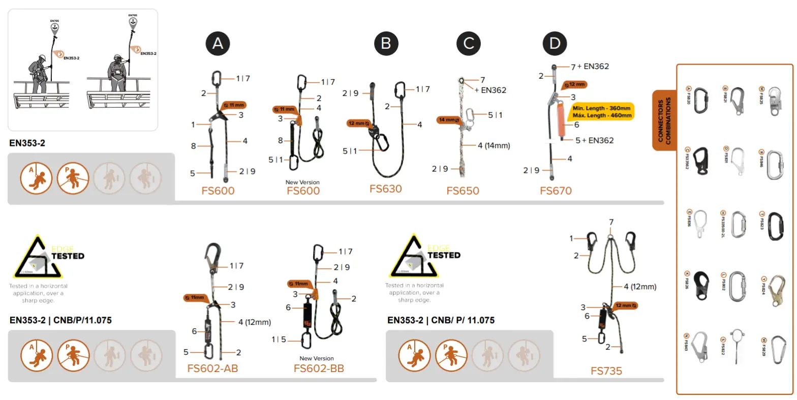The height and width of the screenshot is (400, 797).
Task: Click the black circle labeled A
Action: pyautogui.click(x=218, y=43)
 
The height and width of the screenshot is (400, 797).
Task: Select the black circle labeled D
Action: pyautogui.click(x=555, y=43)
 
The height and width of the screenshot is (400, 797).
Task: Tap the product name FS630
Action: pyautogui.click(x=385, y=189)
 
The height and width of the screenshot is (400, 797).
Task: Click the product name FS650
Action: pyautogui.click(x=463, y=191)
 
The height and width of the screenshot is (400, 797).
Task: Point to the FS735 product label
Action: pyautogui.click(x=606, y=371)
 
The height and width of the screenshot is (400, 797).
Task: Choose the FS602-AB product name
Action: pyautogui.click(x=212, y=368)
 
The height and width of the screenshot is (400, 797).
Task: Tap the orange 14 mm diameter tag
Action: pyautogui.click(x=448, y=120)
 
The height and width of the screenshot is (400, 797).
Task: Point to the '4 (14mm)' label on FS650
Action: pyautogui.click(x=493, y=145)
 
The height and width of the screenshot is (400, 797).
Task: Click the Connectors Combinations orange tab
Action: pyautogui.click(x=663, y=120)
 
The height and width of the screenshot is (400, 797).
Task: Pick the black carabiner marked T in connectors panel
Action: pyautogui.click(x=776, y=227)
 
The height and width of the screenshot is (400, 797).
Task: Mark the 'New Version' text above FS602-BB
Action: pyautogui.click(x=317, y=358)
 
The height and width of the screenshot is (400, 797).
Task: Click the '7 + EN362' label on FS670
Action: pyautogui.click(x=590, y=67)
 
